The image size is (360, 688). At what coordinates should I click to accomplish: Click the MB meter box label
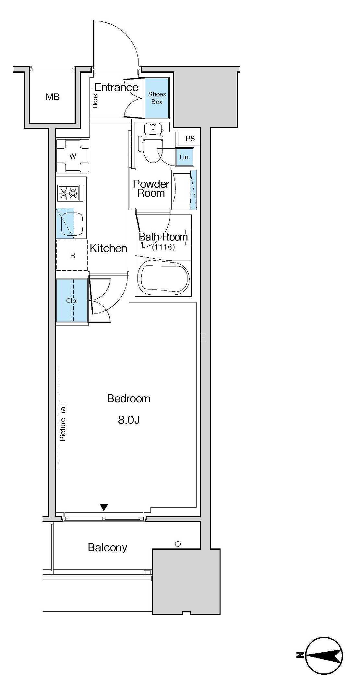[x=53, y=97]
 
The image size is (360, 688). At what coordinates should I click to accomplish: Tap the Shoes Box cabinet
[x=157, y=98]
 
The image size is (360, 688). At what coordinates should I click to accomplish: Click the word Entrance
[x=116, y=87]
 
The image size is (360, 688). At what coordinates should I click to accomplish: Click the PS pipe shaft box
[x=190, y=139]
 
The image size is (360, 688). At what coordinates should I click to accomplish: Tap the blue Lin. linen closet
[x=185, y=157]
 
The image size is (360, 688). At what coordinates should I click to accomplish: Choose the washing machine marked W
[x=73, y=155]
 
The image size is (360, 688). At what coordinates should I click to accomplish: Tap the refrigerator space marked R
[x=72, y=255]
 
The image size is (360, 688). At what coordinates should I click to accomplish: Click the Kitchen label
[x=108, y=248]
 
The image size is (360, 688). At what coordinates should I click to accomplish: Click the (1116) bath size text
[x=163, y=247]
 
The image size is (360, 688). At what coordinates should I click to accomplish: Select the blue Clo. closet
[x=72, y=301]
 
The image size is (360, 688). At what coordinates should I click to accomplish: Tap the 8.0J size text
[x=129, y=420]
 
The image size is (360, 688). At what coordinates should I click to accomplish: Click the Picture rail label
[x=63, y=422]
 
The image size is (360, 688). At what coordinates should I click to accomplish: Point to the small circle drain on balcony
[x=178, y=544]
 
